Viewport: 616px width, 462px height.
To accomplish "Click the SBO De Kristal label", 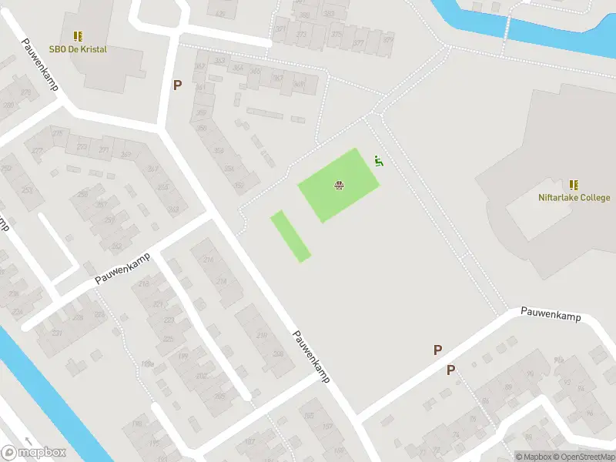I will (79, 49).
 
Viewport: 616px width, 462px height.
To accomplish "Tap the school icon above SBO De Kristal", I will (78, 35).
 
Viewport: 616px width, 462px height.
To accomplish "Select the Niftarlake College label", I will (574, 197).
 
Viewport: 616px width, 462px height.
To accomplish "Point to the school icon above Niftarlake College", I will (574, 184).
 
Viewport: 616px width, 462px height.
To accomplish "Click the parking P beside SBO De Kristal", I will (177, 85).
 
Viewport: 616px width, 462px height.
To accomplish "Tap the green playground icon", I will (378, 160).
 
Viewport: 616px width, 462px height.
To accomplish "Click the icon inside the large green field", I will (338, 184).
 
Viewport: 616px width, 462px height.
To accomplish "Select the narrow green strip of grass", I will (290, 236).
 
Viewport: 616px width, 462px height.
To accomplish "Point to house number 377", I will (358, 44).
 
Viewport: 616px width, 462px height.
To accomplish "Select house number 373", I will (301, 35).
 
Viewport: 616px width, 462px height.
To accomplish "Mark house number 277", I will (36, 151).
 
